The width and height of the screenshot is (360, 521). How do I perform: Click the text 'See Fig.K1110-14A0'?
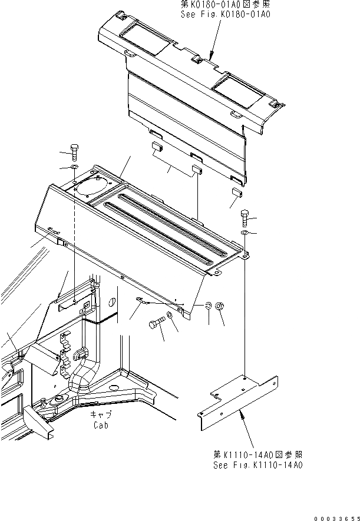[x=258, y=464]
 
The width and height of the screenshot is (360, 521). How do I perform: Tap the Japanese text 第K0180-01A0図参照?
[x=225, y=4]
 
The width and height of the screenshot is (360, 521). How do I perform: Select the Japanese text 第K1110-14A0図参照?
[x=258, y=455]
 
